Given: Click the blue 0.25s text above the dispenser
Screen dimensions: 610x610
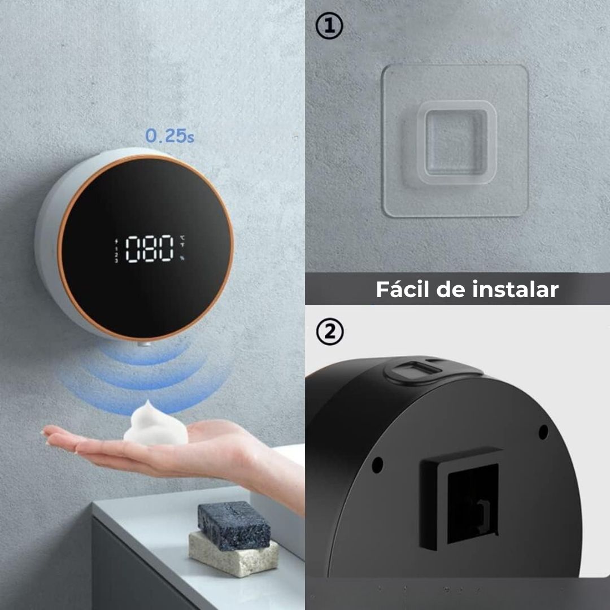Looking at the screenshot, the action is click(x=169, y=136).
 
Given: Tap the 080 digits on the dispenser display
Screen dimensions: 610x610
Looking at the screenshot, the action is click(x=149, y=249).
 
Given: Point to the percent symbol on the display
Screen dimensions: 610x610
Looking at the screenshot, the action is click(x=182, y=258).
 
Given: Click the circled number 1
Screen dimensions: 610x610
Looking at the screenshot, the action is click(x=329, y=26).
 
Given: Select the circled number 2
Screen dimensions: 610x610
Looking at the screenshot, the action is click(x=329, y=332).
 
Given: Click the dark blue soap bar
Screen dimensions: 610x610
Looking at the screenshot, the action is click(x=234, y=525).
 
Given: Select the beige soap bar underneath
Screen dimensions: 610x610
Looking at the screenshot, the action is click(x=233, y=553).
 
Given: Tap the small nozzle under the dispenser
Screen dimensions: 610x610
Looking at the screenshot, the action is click(x=144, y=344).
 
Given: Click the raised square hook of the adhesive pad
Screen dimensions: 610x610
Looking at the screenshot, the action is click(x=457, y=142).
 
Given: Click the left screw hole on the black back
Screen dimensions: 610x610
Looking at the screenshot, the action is click(x=377, y=464).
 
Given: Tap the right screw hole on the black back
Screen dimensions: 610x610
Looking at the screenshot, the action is click(x=543, y=432).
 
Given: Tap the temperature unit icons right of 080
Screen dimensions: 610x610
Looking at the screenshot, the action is click(x=182, y=238).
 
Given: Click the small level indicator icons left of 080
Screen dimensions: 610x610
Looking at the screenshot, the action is click(x=116, y=251).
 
